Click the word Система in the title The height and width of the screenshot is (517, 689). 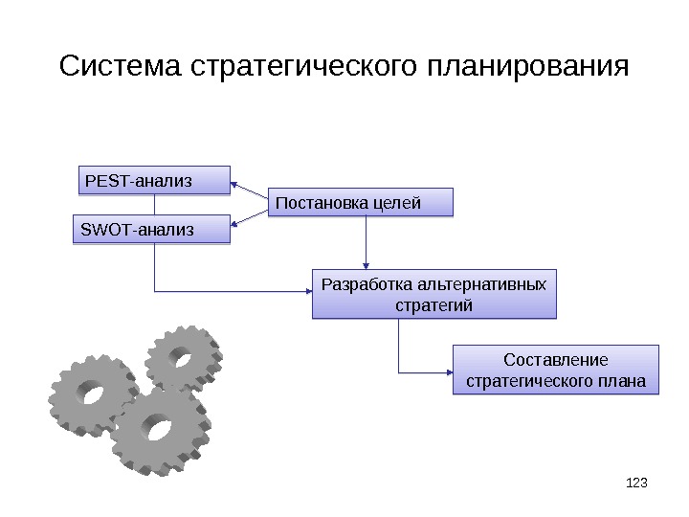pos(122,68)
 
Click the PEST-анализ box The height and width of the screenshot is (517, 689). pos(153,180)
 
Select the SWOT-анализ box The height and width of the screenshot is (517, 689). pos(152,230)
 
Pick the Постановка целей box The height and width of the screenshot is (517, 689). pos(360,203)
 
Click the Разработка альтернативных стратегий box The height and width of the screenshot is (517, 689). pos(433,295)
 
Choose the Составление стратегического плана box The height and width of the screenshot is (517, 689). pos(555,371)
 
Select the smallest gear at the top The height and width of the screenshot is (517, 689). pos(182,357)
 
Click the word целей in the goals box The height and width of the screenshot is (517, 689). pos(395,203)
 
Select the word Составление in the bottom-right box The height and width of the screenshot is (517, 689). pos(555,360)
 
